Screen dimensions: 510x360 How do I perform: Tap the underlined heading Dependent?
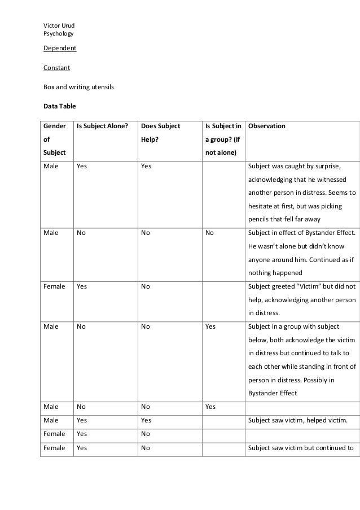(x=60, y=48)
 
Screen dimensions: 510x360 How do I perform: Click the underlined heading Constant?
(x=57, y=68)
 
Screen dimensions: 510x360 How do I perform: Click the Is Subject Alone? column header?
(x=102, y=126)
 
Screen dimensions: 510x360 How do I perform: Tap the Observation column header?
(x=266, y=126)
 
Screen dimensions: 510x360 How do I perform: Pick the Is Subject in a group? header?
(x=223, y=139)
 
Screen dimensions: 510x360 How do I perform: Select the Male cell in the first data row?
(x=51, y=167)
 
